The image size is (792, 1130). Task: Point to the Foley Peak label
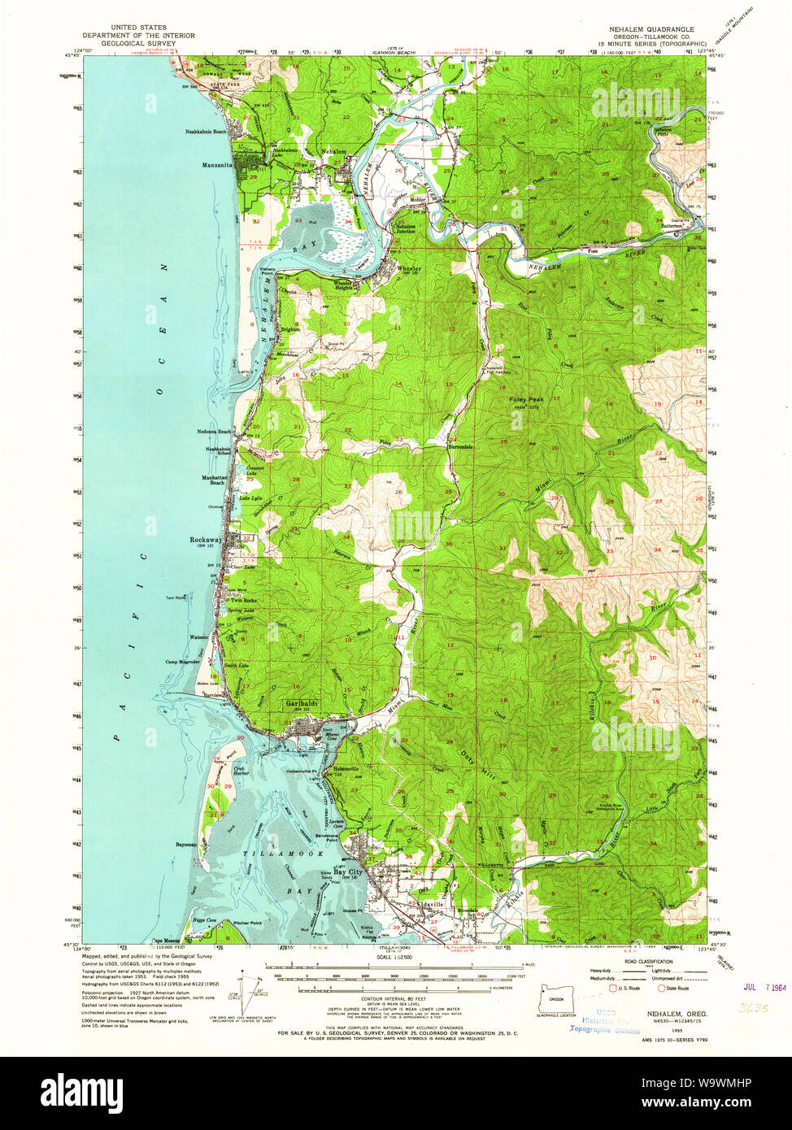[525, 400]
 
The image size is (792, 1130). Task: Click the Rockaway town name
[206, 540]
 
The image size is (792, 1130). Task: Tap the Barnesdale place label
[460, 446]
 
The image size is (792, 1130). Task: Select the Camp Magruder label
[183, 662]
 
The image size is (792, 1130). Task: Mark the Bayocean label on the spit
[185, 845]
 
